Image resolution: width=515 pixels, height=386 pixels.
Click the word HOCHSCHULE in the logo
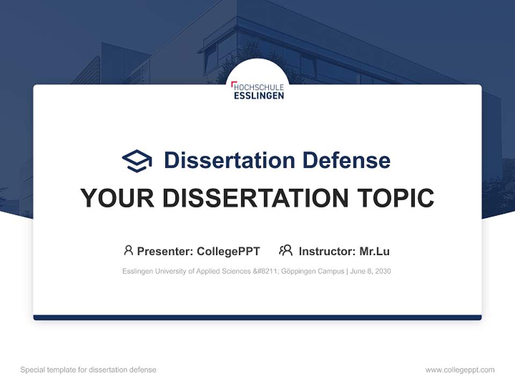point(259,87)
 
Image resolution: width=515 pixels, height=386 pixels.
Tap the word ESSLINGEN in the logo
point(259,95)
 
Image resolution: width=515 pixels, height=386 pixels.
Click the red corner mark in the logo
point(233,84)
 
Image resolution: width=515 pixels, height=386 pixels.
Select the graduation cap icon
point(137,161)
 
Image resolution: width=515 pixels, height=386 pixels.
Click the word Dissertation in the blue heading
point(230,160)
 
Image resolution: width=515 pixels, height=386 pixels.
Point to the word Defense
point(347,160)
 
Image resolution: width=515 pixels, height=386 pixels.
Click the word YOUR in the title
point(117,198)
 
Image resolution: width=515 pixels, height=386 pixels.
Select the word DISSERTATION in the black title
point(255,198)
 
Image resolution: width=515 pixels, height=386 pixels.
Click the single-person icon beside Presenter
point(128,250)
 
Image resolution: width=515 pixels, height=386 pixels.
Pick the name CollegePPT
point(229,251)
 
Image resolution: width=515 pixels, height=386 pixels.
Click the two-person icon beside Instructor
point(286,250)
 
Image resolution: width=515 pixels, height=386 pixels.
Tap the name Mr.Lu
point(374,251)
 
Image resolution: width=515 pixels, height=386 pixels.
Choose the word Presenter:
point(165,251)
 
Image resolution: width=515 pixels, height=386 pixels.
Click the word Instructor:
point(327,251)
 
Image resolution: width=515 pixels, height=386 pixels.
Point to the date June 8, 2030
point(371,271)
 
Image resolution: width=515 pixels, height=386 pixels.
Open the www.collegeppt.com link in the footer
point(460,370)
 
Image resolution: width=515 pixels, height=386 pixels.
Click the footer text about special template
point(89,370)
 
